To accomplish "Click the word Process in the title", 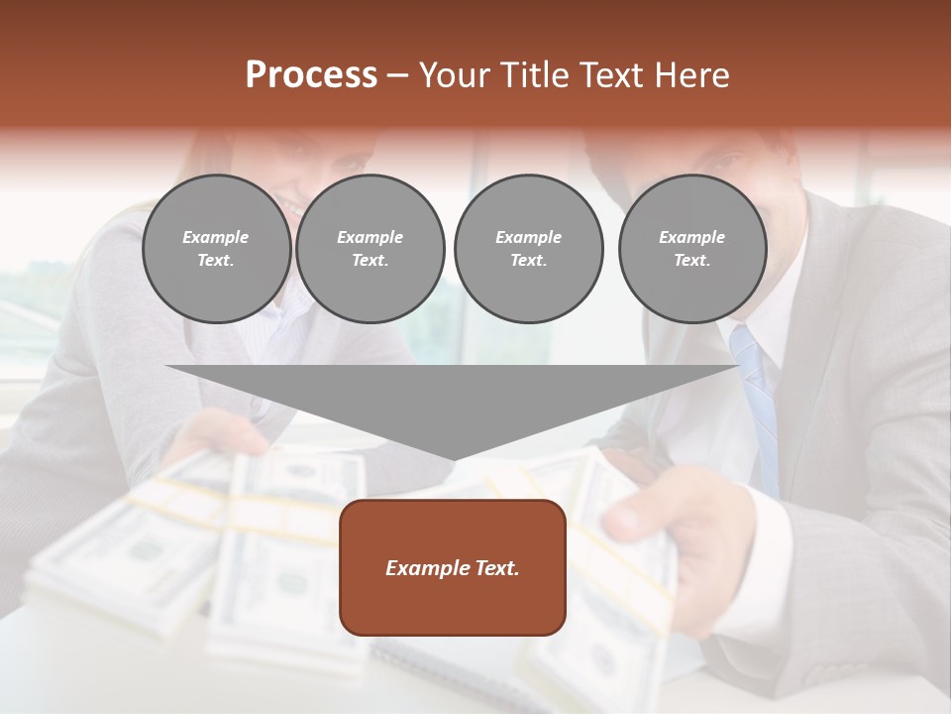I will [311, 75].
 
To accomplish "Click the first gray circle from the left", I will [216, 249].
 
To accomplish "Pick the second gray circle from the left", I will [370, 249].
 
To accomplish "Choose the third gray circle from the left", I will [528, 249].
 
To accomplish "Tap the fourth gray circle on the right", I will [692, 249].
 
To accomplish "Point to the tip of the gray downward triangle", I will [454, 458].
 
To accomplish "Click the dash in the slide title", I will [397, 75].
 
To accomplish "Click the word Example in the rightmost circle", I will [691, 237].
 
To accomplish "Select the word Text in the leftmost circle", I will [216, 261].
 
